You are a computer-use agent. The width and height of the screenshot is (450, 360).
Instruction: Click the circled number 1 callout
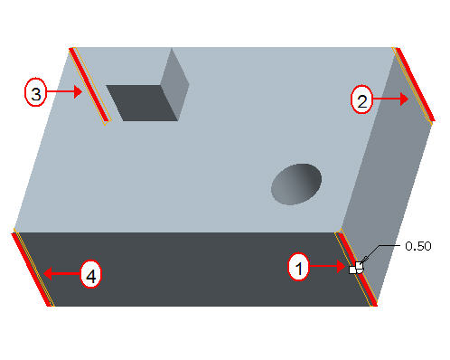point(298,267)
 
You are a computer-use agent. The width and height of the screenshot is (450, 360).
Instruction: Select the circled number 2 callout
point(361,99)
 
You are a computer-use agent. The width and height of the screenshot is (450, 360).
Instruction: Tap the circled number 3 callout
point(35,92)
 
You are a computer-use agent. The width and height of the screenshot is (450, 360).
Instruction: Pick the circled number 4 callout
point(91,274)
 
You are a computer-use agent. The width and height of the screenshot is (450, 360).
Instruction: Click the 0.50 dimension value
point(418,246)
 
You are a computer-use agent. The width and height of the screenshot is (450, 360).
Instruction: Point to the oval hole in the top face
point(296,185)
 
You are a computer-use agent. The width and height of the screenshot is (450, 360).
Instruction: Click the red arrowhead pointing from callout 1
point(342,266)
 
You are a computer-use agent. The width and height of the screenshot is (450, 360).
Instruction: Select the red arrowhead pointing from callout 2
point(405,99)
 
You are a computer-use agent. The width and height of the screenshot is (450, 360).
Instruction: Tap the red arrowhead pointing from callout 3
point(78,91)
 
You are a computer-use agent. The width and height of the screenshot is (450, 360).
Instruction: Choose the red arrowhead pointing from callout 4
point(48,273)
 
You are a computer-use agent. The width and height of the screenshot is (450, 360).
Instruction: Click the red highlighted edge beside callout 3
point(89,85)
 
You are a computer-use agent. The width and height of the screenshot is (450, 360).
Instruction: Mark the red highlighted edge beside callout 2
point(416,84)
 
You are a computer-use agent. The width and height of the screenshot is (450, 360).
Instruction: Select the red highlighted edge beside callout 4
point(31,270)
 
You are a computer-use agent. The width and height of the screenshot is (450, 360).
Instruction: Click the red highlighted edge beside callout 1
point(356,270)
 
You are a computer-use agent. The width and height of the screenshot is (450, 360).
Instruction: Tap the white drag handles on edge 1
point(356,268)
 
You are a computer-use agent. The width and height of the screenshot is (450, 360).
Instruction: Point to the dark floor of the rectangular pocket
point(142,103)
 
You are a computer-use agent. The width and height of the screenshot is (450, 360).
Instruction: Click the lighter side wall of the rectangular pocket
point(174,85)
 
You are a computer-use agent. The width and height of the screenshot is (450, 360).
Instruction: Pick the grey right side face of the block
point(387,178)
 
